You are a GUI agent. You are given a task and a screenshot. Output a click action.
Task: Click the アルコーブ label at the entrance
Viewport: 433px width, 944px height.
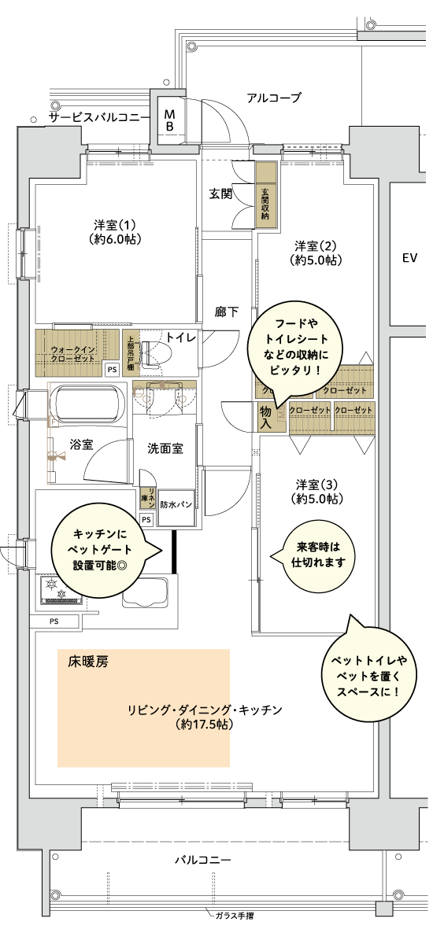coord(273,98)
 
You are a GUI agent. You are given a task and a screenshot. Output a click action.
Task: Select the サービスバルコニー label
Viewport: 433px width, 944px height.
coord(99,117)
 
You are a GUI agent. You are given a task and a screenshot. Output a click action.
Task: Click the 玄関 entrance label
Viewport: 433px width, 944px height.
coord(220,194)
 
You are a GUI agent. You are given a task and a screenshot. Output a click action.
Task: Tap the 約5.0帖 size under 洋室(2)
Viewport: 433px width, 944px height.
coord(316,259)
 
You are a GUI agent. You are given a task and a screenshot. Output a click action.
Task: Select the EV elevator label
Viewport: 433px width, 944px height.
coord(409,258)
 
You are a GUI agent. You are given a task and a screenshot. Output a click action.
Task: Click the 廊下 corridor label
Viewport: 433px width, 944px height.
coord(227,312)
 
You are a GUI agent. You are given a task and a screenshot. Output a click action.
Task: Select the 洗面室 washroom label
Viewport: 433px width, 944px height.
coord(165,448)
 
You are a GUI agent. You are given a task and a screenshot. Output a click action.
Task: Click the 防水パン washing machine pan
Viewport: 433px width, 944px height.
coord(176,504)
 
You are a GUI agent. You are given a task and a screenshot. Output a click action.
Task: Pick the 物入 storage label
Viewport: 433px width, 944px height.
coord(266,416)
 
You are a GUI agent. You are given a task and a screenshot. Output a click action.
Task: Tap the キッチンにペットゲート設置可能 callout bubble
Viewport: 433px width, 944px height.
coord(100,549)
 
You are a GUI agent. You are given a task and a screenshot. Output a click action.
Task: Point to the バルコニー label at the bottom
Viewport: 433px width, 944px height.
coord(202,860)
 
